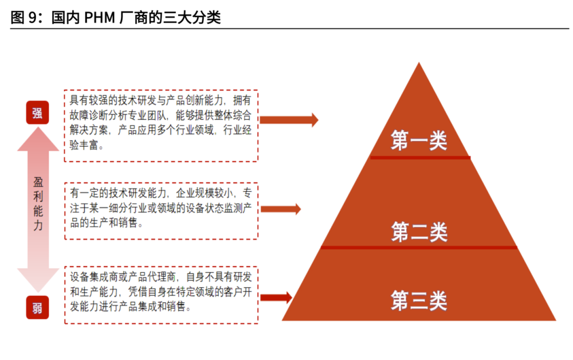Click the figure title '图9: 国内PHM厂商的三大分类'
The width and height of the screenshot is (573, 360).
(x=116, y=17)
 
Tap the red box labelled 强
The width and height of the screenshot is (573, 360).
(x=37, y=112)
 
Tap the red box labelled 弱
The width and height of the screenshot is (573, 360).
(x=37, y=307)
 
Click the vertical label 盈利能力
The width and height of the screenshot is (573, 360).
(x=38, y=204)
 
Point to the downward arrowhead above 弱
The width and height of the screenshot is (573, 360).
(x=38, y=280)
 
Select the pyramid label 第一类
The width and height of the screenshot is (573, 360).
(x=419, y=140)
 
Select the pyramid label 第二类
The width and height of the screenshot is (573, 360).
(x=419, y=232)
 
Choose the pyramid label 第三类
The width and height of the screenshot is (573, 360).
(x=419, y=300)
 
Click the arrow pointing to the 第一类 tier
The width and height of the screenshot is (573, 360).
(x=289, y=120)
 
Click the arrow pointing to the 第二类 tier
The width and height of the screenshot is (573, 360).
(x=281, y=209)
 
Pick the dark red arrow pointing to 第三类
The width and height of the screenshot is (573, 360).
(x=276, y=298)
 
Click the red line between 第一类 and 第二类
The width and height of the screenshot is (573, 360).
(x=420, y=158)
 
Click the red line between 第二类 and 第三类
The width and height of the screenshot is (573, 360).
(x=419, y=248)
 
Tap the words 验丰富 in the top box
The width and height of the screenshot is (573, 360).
(x=84, y=145)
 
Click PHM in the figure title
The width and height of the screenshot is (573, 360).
(x=99, y=18)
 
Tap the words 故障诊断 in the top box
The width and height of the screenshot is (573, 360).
(x=89, y=115)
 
